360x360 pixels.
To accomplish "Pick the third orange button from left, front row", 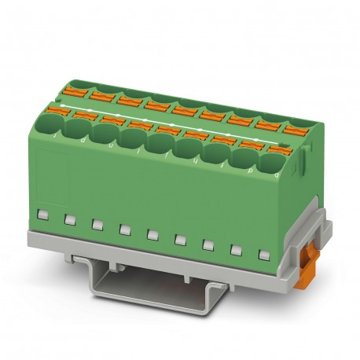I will tap(113, 119).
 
